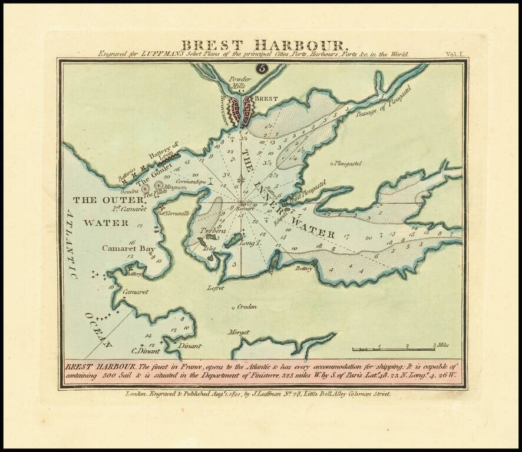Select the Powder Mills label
click(x=240, y=82)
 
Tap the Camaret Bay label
click(x=128, y=249)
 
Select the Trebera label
click(x=209, y=231)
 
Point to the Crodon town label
click(x=248, y=307)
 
